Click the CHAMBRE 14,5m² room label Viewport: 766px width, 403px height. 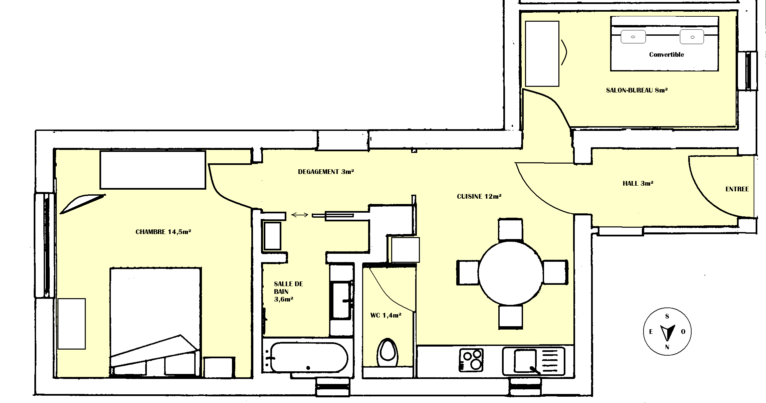[163, 232]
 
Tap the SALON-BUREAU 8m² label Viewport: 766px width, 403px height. [637, 90]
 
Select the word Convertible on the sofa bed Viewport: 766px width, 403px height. [667, 54]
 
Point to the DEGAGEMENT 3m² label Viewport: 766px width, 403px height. [326, 172]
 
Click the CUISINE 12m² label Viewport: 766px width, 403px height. [479, 197]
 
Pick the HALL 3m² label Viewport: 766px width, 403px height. [638, 183]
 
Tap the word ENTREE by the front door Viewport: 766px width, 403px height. [737, 189]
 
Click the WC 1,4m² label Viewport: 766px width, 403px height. [386, 315]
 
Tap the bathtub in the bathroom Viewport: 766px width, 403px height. [309, 358]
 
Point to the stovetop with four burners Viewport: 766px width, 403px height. [471, 360]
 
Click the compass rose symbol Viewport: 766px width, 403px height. [667, 332]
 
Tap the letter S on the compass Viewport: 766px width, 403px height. [667, 317]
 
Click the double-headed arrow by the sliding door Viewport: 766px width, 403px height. [300, 215]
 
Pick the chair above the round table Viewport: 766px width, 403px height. [510, 229]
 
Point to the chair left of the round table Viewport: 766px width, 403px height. [468, 272]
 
